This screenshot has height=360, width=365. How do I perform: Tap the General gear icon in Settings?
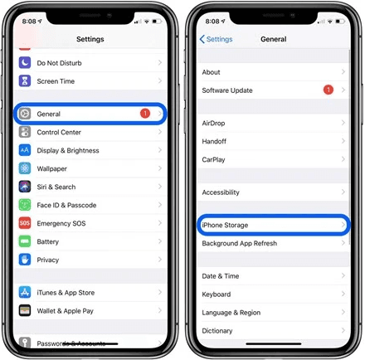25,114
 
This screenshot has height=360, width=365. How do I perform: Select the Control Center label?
59,133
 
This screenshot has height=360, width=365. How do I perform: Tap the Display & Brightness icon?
25,151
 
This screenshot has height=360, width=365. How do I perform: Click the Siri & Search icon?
25,187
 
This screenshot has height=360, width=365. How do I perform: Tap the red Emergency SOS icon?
25,223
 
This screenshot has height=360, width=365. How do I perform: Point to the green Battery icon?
25,241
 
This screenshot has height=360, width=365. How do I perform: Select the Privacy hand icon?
25,260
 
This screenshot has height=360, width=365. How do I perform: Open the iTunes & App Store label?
66,293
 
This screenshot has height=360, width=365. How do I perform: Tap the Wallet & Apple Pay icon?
25,311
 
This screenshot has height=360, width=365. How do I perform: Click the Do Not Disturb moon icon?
25,63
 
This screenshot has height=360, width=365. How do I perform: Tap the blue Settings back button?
217,39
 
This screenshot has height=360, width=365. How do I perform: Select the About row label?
211,72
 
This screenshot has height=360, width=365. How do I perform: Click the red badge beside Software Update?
328,90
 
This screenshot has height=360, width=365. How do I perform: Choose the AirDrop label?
213,123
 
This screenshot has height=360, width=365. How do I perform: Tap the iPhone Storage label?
225,226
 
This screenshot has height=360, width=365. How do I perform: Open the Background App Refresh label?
239,244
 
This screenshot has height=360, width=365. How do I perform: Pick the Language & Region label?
231,313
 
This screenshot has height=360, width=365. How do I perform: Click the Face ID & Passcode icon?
25,205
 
